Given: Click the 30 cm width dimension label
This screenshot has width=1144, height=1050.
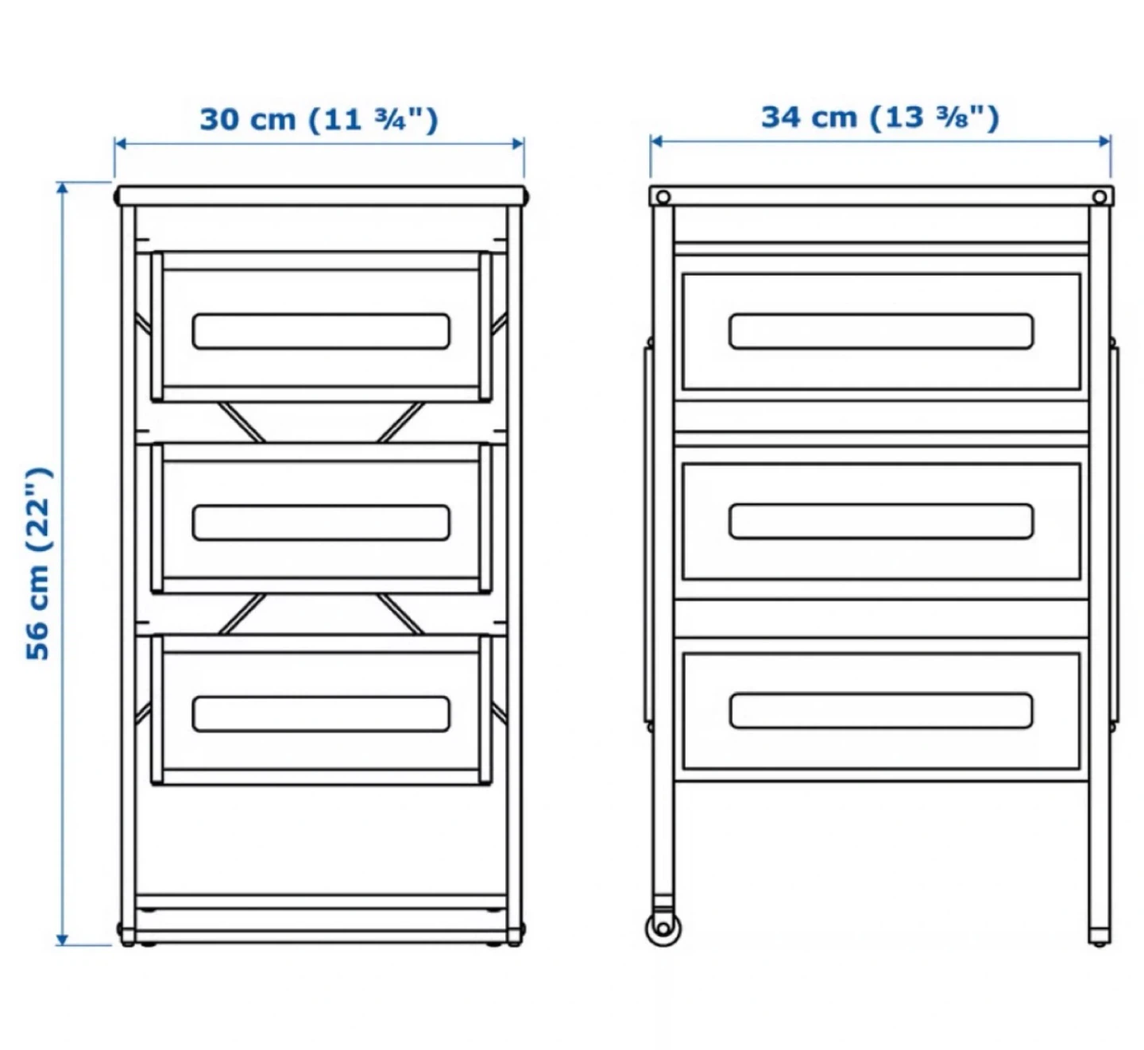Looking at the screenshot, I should (x=319, y=119).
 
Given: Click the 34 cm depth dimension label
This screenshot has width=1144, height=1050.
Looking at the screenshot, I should (x=879, y=118).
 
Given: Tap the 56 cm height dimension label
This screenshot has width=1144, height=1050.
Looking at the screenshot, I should (x=38, y=563).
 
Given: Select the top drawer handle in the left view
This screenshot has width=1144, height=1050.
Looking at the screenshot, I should (x=321, y=331).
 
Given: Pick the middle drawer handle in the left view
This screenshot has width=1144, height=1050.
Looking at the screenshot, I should (x=321, y=523).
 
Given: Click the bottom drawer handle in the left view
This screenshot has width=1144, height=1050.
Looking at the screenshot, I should (x=321, y=714).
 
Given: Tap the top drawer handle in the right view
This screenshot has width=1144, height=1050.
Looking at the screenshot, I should (x=881, y=331).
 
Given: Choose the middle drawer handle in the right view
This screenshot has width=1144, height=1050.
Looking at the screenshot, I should (x=881, y=521).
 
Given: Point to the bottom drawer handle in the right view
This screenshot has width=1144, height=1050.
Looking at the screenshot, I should (x=881, y=711).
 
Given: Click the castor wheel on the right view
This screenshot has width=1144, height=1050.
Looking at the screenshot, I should (x=663, y=928).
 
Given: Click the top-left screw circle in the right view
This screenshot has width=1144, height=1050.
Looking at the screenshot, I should (x=663, y=197).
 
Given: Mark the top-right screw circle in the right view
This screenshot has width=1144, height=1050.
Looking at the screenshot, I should (x=1100, y=197).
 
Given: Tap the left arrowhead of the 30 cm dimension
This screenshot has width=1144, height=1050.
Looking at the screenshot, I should (x=120, y=144).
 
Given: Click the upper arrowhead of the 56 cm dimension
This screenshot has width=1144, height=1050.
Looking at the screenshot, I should (x=63, y=188).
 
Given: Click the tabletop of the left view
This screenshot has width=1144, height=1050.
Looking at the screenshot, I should (x=321, y=195).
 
